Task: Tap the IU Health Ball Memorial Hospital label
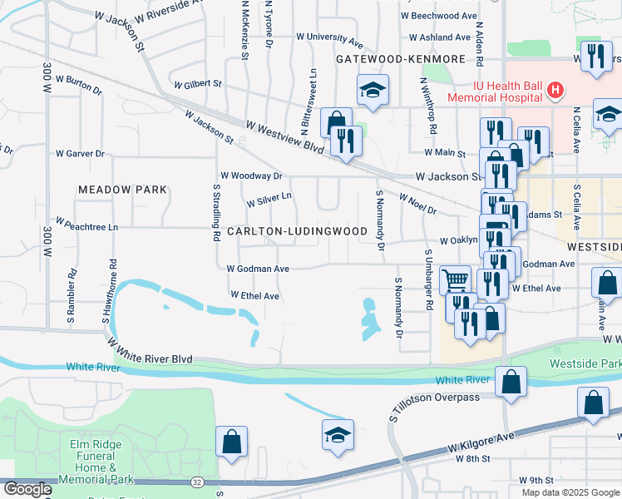(496, 90)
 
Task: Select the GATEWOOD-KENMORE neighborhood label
(388, 60)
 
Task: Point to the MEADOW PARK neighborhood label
(122, 190)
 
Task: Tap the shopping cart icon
(455, 280)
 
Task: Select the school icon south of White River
(338, 435)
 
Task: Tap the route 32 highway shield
(195, 482)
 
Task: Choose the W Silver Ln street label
(269, 200)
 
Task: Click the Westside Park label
(585, 364)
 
